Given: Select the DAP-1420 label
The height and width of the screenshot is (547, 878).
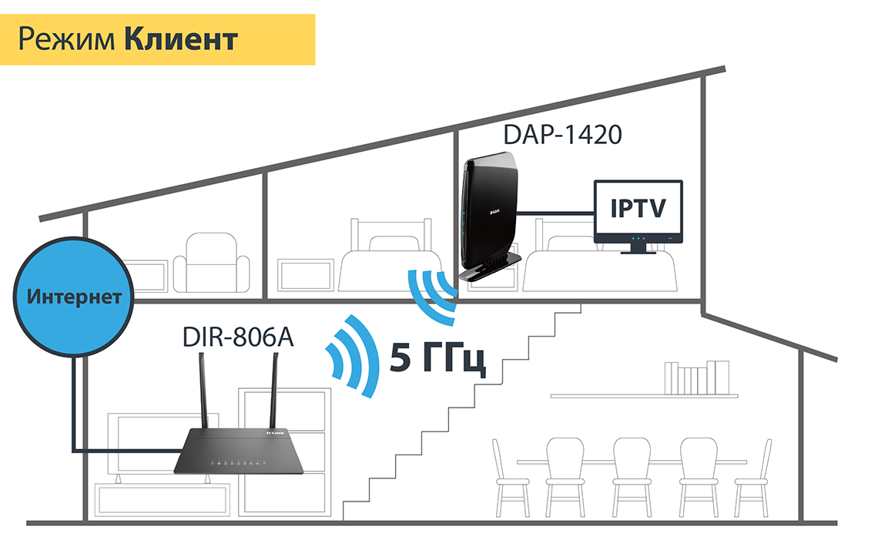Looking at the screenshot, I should coord(562,134).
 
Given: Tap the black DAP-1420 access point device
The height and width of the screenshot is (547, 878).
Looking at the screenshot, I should coord(493,216).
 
